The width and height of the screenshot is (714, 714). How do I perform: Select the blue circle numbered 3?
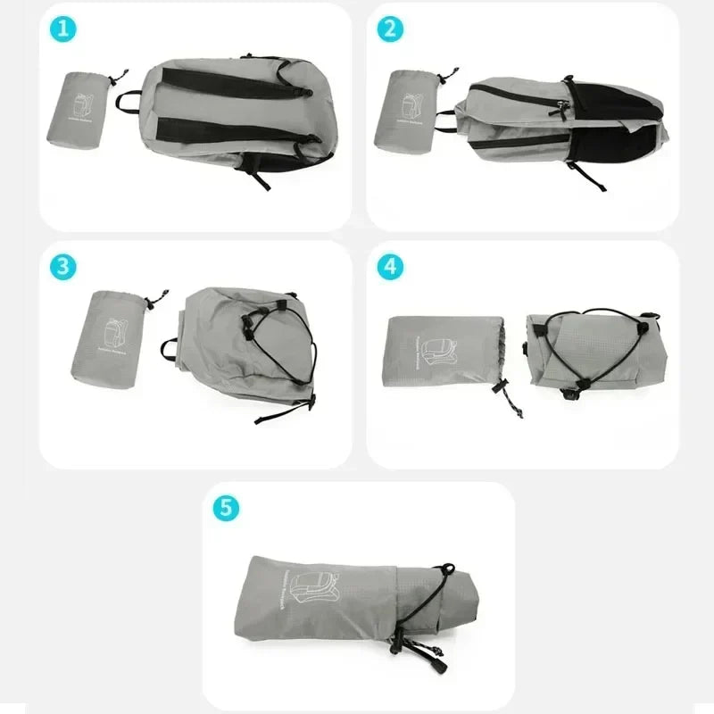point(62,266)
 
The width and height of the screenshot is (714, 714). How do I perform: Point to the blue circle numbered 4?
point(389,266)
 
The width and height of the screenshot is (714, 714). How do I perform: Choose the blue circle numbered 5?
point(226,508)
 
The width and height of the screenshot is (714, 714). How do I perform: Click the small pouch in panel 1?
point(79,109)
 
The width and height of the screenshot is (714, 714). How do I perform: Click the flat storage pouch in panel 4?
point(442,349)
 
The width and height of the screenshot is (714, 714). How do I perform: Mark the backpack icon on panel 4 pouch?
point(438,350)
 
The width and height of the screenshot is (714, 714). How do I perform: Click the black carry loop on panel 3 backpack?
point(170,348)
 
